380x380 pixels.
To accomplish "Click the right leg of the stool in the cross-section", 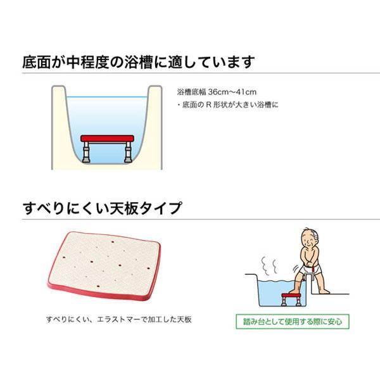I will pos(129,151).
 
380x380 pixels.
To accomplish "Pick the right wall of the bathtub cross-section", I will pos(153,127).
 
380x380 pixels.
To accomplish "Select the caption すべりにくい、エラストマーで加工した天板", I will pos(119,319).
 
